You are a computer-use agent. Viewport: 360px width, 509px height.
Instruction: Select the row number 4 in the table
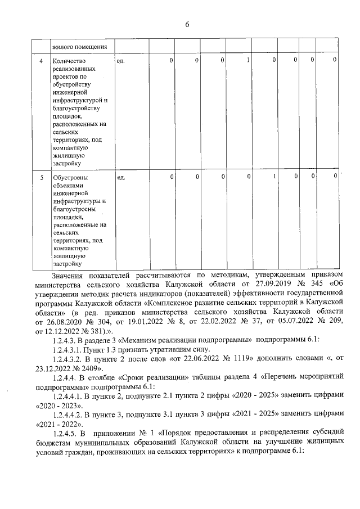(41, 60)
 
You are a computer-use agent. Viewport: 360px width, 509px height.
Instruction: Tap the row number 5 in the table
(41, 178)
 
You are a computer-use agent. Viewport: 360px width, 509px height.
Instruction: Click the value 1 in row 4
(248, 60)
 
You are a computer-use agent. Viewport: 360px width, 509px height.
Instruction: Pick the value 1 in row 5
(274, 178)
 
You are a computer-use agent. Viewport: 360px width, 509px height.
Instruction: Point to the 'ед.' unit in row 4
(120, 60)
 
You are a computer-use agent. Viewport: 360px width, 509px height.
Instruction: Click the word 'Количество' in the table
(68, 60)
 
